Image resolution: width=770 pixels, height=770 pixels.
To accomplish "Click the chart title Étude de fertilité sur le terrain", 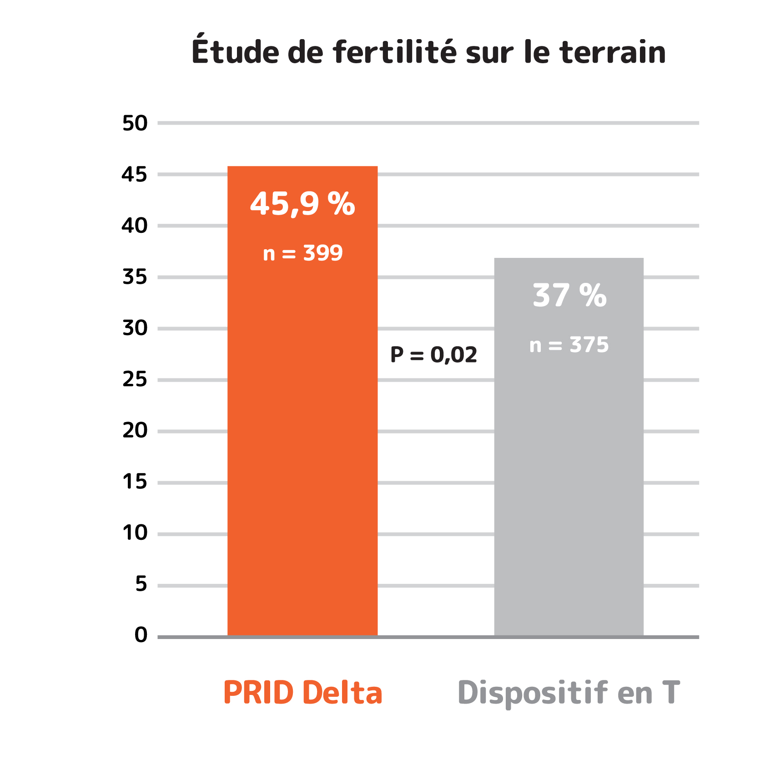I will point(428,51).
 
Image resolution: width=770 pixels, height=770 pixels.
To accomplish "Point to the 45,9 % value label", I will point(302,204).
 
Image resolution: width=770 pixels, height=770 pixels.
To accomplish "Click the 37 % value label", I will point(569,296).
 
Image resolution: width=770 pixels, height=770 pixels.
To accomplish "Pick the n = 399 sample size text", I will point(302,253).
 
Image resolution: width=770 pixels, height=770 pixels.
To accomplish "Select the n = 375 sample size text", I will point(569,345).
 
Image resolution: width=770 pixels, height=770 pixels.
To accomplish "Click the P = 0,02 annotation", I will point(434,355).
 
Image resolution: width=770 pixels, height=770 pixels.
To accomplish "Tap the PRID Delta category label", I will point(303,693).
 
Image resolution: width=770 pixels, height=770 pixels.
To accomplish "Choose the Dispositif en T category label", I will point(569,693).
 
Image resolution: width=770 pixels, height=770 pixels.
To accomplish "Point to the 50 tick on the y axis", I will point(135,123).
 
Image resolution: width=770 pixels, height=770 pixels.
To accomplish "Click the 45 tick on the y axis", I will point(135,175).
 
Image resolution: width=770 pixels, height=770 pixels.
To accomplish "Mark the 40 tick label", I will point(135,226).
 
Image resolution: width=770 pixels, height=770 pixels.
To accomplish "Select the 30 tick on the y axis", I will point(135,328).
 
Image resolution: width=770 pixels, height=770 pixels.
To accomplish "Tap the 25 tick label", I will point(135,380).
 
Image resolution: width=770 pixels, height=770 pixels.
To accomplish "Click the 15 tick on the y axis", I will point(135,482).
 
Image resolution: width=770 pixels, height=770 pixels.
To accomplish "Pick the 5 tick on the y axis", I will point(141,584).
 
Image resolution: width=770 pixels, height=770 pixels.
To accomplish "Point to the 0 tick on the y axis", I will point(141,635).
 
